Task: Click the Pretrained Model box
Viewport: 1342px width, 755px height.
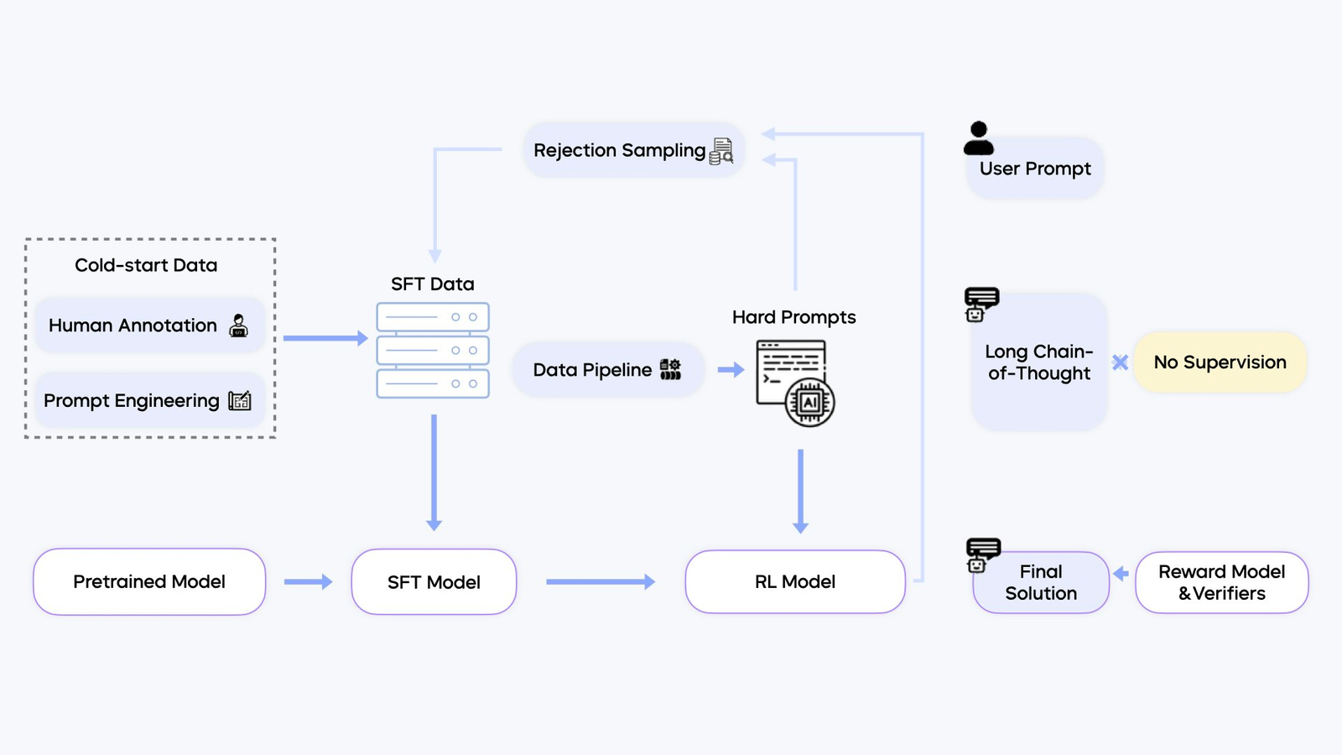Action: coord(149,581)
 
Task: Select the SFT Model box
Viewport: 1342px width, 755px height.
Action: coord(434,582)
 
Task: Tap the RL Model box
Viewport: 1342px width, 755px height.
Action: coord(795,581)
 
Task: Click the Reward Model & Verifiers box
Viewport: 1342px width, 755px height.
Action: coord(1221,582)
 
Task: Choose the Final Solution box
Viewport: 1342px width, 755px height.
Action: coord(1041,582)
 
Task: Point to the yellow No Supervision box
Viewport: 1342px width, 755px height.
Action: coord(1220,362)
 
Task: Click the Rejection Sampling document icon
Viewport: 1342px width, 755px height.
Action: coord(721,151)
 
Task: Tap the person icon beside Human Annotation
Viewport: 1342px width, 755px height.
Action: coord(239,325)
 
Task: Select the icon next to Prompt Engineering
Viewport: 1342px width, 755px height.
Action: coord(240,401)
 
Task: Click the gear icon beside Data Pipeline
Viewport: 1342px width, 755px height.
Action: coord(670,369)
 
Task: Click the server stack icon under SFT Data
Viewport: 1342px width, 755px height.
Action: coord(433,351)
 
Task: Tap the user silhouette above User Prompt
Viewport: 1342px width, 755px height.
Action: coord(978,138)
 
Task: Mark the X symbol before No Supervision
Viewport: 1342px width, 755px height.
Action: coord(1120,362)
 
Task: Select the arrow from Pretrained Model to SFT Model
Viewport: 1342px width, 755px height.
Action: coord(308,581)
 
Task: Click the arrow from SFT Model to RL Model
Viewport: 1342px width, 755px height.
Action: coord(600,581)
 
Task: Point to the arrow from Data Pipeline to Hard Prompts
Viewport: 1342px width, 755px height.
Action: coord(731,369)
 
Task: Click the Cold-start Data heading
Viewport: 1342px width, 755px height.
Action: coord(146,265)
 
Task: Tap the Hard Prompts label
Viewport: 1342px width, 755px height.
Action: coord(793,317)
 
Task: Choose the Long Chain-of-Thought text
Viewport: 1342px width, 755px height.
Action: coord(1039,362)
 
